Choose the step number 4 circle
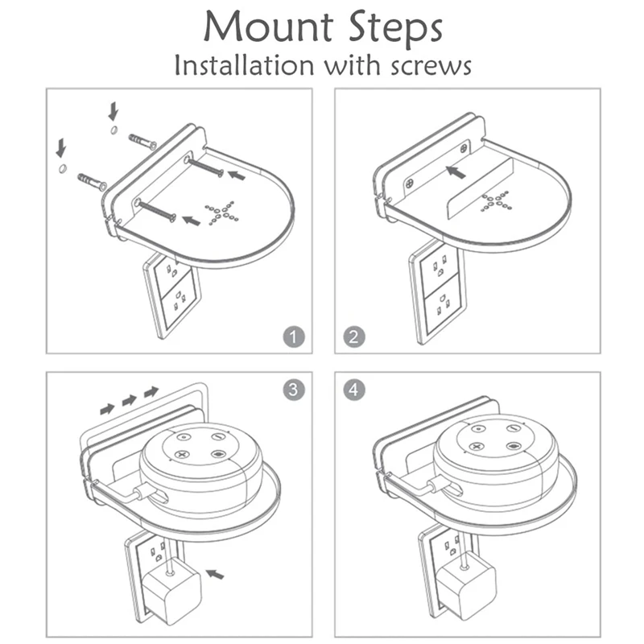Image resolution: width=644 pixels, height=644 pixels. click(x=353, y=390)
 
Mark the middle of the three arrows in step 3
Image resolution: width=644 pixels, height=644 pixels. click(x=128, y=399)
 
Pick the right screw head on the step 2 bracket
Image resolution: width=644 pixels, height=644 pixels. click(x=464, y=147)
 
